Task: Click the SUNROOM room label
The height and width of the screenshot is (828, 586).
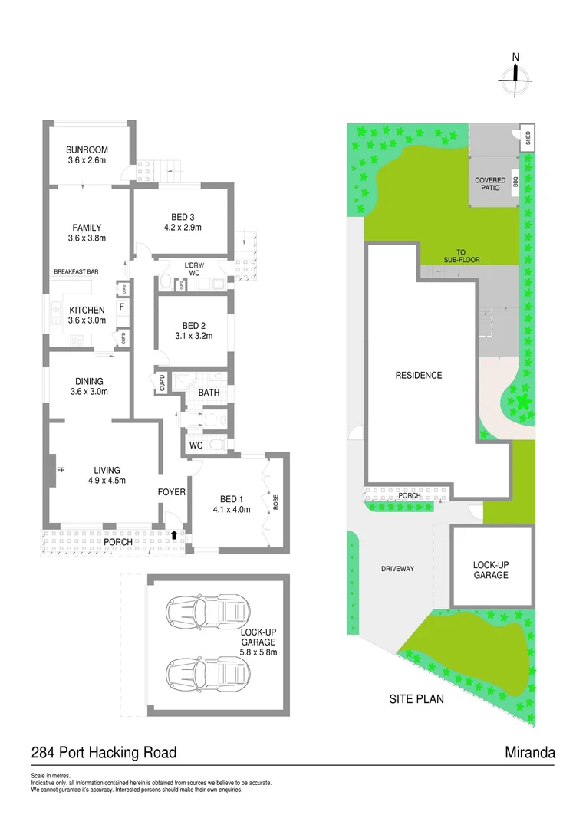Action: coord(86,149)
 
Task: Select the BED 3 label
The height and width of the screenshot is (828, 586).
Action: coord(182,217)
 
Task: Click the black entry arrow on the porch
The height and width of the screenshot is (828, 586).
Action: coord(174,534)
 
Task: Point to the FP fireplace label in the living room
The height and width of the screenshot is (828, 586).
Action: coord(58,470)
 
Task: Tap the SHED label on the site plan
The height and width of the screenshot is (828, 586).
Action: coord(527,138)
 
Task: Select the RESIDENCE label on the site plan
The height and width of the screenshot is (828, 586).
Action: coord(419,376)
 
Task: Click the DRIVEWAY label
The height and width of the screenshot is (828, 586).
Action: coord(397,568)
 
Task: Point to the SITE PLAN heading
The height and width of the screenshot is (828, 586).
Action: coord(416,699)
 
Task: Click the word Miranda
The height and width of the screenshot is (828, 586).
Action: coord(530,752)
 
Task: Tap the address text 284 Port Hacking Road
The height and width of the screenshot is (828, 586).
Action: coord(104,752)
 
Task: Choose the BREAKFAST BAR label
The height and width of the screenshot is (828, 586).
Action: coord(76,272)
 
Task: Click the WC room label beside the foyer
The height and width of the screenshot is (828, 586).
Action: coord(195,445)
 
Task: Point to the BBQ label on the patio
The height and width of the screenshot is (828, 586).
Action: coord(516,182)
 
